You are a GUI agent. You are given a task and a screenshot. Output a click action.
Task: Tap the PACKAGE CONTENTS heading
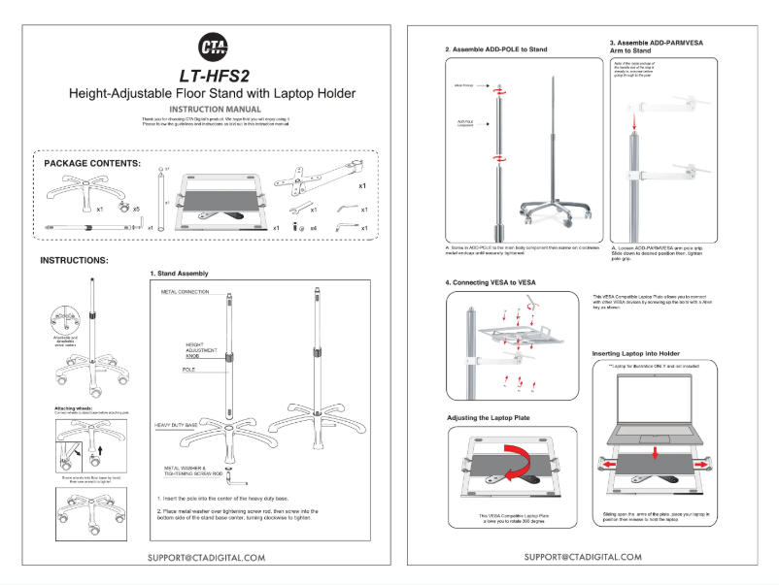coord(92,164)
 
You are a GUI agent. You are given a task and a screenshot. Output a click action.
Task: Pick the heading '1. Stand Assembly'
coord(179,274)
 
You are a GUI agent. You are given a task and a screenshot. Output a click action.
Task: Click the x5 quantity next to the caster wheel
coord(136,209)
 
